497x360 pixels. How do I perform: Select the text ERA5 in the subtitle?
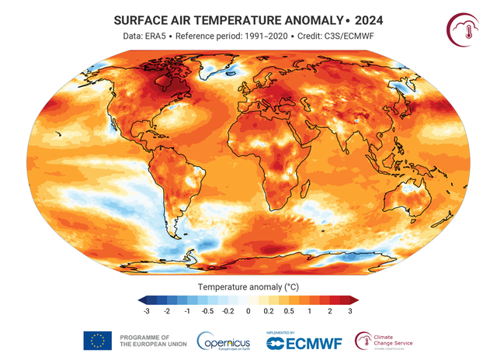tap(165, 36)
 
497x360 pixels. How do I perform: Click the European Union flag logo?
tap(98, 340)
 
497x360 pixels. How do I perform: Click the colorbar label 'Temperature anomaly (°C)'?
tap(247, 286)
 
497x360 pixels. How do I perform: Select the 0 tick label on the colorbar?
tap(248, 310)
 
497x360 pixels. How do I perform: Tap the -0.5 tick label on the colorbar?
tap(207, 310)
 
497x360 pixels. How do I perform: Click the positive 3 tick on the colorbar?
tap(350, 310)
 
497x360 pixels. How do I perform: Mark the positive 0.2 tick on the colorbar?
tap(268, 310)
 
